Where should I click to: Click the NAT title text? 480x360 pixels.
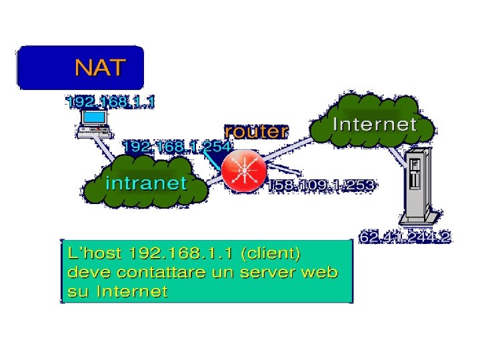pos(99,68)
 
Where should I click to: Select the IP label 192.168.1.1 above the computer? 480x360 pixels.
pos(110,102)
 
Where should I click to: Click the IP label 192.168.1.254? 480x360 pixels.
pos(176,146)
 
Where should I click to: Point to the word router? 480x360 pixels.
pos(256,131)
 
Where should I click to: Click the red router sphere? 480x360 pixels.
pos(244,171)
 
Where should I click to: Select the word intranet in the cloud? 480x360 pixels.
pos(147,183)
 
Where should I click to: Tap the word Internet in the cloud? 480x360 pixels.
pos(374,124)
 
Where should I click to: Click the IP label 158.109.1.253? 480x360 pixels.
pos(321,185)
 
